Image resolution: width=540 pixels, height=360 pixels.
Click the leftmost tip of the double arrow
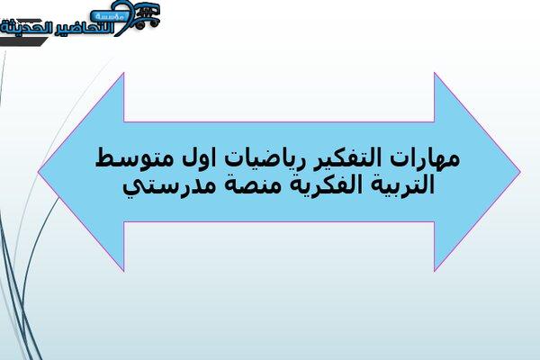pos(39,171)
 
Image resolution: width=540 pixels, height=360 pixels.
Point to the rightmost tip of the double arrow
pos(520,171)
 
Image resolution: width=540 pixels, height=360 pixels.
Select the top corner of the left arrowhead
pos(124,73)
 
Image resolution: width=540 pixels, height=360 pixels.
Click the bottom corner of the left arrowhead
pos(124,271)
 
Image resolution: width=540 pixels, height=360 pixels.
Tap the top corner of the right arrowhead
pos(435,73)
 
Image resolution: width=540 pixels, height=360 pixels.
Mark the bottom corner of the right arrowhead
pos(435,271)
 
